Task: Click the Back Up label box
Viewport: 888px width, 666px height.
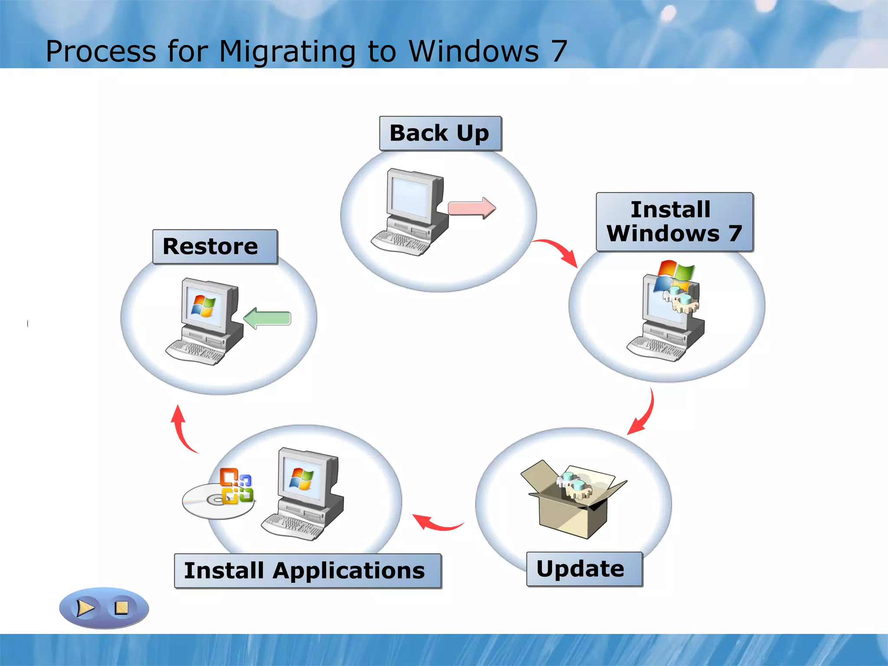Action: coord(440,133)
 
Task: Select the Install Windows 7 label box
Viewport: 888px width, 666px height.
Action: coord(674,222)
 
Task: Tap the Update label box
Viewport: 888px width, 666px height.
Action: coord(584,569)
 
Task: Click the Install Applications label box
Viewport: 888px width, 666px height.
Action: coord(307,571)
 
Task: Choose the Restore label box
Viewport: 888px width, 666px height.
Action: coord(215,247)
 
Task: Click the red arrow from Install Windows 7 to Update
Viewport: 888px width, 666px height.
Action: coord(643,415)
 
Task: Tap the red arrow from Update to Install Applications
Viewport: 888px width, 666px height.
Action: coord(436,523)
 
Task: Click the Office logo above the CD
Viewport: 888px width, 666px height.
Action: coord(236,486)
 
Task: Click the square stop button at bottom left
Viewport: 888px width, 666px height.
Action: coord(121,608)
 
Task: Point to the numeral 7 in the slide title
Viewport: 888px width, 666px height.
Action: coord(559,51)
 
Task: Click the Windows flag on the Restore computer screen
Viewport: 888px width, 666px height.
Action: coord(203,306)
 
